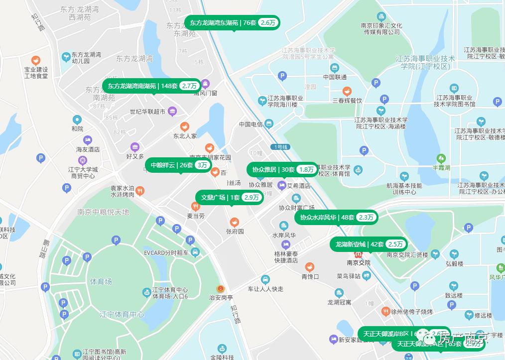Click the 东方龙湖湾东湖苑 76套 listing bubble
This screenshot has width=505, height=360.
click(x=232, y=23)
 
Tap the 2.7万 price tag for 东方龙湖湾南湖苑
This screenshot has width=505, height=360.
click(x=189, y=86)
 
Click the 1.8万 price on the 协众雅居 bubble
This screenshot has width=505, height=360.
click(x=306, y=170)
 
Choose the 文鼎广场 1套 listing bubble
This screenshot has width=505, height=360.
click(x=230, y=198)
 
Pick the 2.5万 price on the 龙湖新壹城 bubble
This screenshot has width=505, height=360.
click(x=396, y=244)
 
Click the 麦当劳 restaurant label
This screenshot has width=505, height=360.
click(x=196, y=216)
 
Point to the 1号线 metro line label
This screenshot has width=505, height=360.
click(x=281, y=147)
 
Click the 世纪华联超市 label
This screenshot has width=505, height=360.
click(x=147, y=112)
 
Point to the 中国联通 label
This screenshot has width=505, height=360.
click(x=335, y=77)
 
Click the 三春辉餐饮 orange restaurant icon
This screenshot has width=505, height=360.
click(x=347, y=91)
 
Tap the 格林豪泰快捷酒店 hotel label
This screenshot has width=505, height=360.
click(x=286, y=256)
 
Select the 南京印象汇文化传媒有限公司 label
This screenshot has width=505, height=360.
click(x=382, y=29)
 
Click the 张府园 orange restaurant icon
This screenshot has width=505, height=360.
click(x=234, y=222)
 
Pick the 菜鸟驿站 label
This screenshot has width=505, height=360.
click(x=354, y=276)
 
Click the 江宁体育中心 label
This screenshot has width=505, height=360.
click(x=122, y=315)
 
